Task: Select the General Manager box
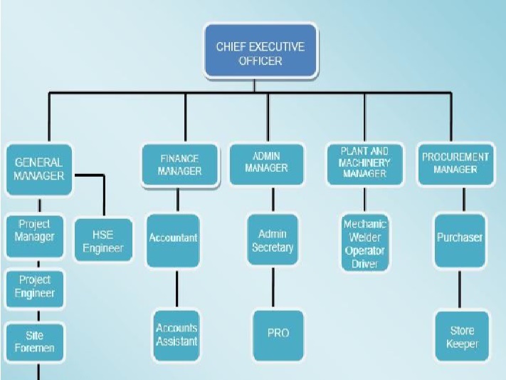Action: [x=38, y=169]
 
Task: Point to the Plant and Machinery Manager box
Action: [x=364, y=163]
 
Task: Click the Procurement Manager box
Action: [x=455, y=163]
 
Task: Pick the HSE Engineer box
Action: [x=103, y=240]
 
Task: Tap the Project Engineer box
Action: [x=34, y=287]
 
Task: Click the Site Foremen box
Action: [x=34, y=342]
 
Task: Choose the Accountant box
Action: [x=173, y=238]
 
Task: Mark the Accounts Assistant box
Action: [x=176, y=334]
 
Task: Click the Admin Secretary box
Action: [x=272, y=241]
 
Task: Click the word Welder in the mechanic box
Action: [x=364, y=237]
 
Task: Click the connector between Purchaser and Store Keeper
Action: [x=460, y=288]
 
